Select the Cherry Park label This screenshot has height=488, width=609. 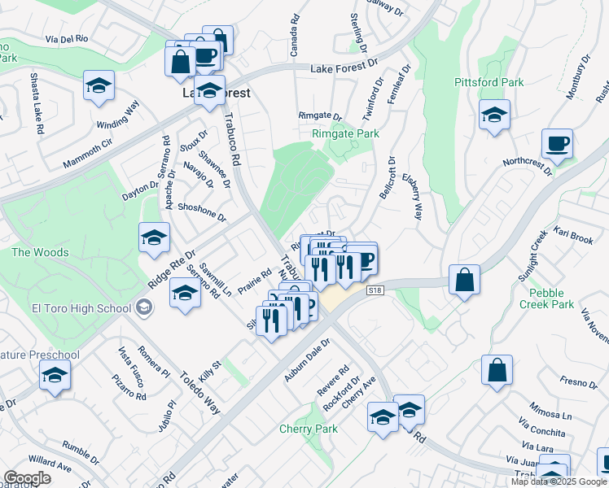click(x=308, y=429)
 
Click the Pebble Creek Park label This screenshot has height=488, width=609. click(x=551, y=298)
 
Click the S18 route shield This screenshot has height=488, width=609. click(x=375, y=290)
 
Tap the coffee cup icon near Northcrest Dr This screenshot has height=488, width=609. click(x=558, y=143)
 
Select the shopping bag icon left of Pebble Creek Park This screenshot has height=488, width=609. click(x=463, y=280)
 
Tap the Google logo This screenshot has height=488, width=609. click(x=28, y=478)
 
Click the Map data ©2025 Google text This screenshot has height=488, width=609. click(x=559, y=481)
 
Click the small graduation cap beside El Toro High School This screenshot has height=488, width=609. click(x=144, y=307)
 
